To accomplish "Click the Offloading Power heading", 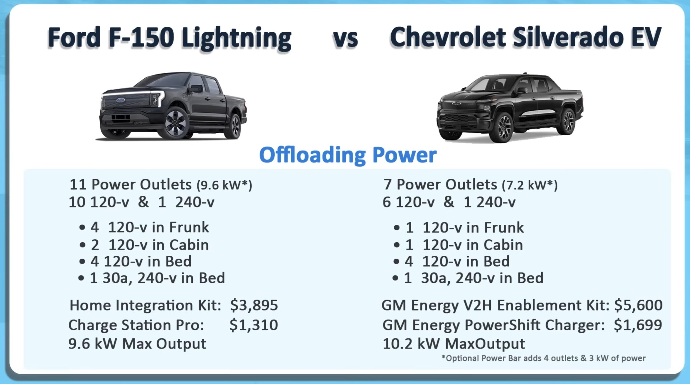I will tap(348, 155).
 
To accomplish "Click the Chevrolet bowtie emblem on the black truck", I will tap(457, 103).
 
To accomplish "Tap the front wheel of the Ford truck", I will tap(176, 123).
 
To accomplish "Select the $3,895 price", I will tap(254, 305).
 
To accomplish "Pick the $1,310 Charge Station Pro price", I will tap(254, 325).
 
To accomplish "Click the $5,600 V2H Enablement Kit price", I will tap(638, 305).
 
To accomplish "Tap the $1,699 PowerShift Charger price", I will tap(638, 325).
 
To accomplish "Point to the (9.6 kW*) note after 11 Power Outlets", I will tap(224, 185).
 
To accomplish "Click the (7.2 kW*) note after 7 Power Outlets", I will tap(530, 185).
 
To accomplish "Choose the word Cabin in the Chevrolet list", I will tap(503, 245).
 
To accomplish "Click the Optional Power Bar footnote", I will tap(543, 358).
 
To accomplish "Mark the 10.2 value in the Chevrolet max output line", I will tap(398, 344).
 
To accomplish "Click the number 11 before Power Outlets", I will tap(78, 185).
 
